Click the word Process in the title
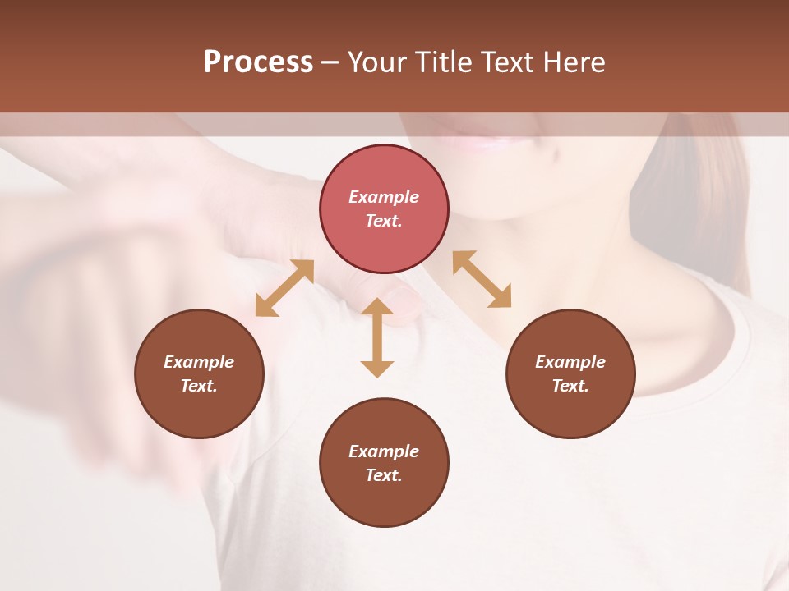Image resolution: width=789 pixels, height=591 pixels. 258,62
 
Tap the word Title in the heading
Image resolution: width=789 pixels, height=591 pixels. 444,62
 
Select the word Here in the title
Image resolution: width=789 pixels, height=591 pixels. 573,62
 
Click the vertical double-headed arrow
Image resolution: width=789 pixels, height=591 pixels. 377,337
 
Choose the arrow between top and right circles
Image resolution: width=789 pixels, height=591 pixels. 482,279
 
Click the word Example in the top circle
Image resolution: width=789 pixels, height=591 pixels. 384,197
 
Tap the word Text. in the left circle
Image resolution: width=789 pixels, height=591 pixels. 199,386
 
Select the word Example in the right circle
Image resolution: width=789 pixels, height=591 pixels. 570,362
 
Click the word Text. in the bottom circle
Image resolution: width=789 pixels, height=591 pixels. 384,475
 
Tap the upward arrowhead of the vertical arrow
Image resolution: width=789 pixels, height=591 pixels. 377,307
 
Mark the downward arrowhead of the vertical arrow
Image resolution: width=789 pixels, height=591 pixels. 377,369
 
